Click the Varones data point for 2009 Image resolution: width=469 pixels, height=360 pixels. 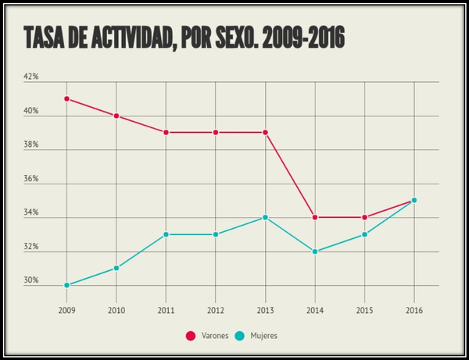[x=66, y=98]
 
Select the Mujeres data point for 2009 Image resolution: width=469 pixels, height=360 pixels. [x=66, y=285]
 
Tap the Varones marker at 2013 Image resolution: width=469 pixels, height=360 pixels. [x=265, y=132]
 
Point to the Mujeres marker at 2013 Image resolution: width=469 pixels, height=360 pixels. [x=265, y=217]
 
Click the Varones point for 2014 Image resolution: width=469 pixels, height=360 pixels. [x=315, y=217]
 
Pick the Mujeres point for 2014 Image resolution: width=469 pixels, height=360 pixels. [x=315, y=251]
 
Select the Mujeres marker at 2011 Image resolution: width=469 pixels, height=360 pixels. [x=166, y=234]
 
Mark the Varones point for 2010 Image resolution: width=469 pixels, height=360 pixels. [x=116, y=116]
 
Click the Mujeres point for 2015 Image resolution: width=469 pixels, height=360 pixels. [x=364, y=234]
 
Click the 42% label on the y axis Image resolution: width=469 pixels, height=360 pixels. [x=30, y=77]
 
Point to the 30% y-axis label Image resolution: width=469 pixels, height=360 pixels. [x=30, y=280]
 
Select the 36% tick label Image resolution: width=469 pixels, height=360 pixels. [x=30, y=179]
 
